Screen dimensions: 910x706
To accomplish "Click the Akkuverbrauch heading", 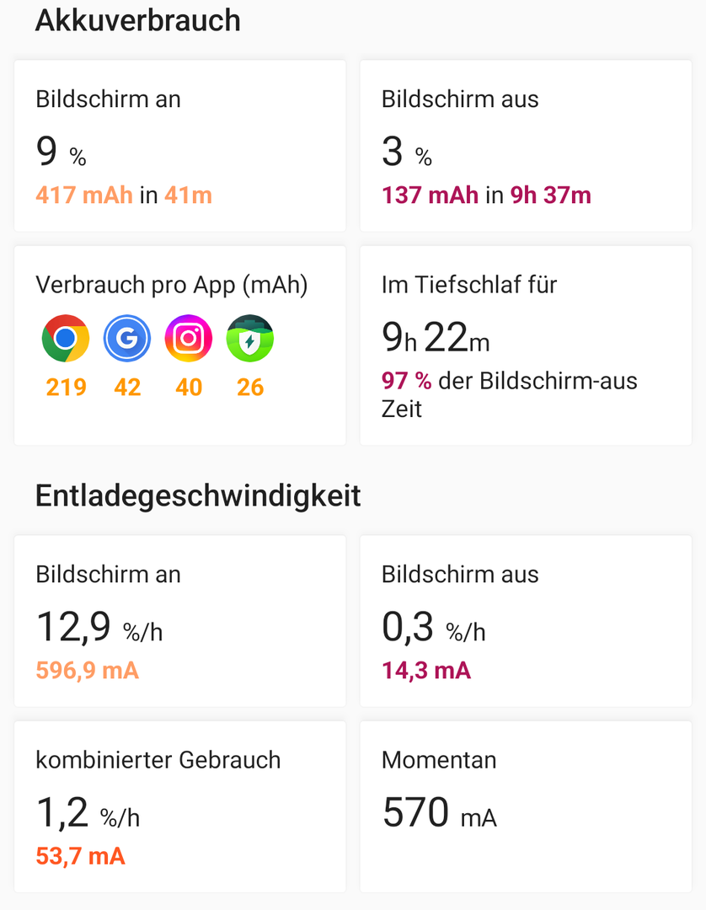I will pyautogui.click(x=137, y=20).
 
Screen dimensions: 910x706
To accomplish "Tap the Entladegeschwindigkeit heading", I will pyautogui.click(x=198, y=495).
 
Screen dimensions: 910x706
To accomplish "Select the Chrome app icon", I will pyautogui.click(x=66, y=338).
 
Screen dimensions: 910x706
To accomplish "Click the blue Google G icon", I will pyautogui.click(x=127, y=338).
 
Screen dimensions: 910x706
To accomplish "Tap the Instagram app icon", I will pyautogui.click(x=189, y=338).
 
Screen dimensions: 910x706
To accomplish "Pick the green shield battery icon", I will pyautogui.click(x=250, y=338).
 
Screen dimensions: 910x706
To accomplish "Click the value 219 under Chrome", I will pyautogui.click(x=67, y=388).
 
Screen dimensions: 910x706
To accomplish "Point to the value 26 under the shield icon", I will pyautogui.click(x=250, y=388).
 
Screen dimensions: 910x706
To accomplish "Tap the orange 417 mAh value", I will pyautogui.click(x=84, y=195).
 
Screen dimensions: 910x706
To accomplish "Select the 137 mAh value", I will pyautogui.click(x=430, y=195).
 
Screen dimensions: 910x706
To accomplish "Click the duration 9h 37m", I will pyautogui.click(x=551, y=195).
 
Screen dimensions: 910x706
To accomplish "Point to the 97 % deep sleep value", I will pyautogui.click(x=406, y=381).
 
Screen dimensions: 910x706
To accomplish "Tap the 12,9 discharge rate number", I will pyautogui.click(x=73, y=628).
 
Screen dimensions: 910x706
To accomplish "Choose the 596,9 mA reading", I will pyautogui.click(x=87, y=671).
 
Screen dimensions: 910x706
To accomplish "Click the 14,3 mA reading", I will pyautogui.click(x=425, y=671).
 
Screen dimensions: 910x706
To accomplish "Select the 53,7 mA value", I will pyautogui.click(x=80, y=856).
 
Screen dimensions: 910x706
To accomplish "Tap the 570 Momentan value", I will pyautogui.click(x=415, y=813).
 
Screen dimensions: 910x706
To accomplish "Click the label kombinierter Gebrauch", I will pyautogui.click(x=158, y=760).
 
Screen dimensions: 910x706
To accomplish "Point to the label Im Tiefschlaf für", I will pyautogui.click(x=469, y=285).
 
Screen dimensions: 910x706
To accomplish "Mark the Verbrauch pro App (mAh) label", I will pyautogui.click(x=172, y=285).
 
